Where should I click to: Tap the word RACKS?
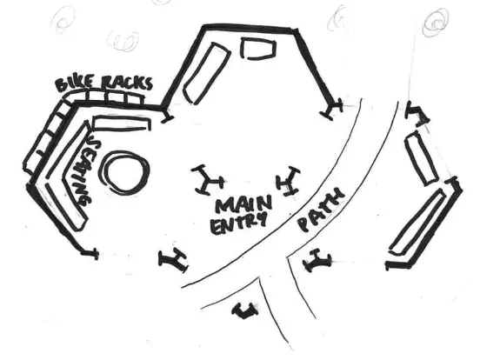(126, 82)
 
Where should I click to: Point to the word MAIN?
(244, 204)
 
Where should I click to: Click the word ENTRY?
(237, 223)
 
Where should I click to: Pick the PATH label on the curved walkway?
(322, 210)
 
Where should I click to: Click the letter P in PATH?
(305, 224)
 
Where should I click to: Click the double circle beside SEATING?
(125, 171)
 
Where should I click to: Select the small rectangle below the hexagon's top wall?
(258, 48)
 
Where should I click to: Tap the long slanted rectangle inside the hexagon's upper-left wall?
(207, 73)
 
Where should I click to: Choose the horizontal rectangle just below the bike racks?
(122, 123)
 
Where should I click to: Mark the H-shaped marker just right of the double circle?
(207, 180)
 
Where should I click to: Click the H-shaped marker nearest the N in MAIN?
(287, 181)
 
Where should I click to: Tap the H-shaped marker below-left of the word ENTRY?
(173, 260)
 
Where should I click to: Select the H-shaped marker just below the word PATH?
(317, 261)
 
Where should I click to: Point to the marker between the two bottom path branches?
(244, 310)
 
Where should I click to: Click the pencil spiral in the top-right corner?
(437, 23)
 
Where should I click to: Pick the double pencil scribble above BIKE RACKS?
(123, 41)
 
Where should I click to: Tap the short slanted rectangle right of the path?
(421, 158)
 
